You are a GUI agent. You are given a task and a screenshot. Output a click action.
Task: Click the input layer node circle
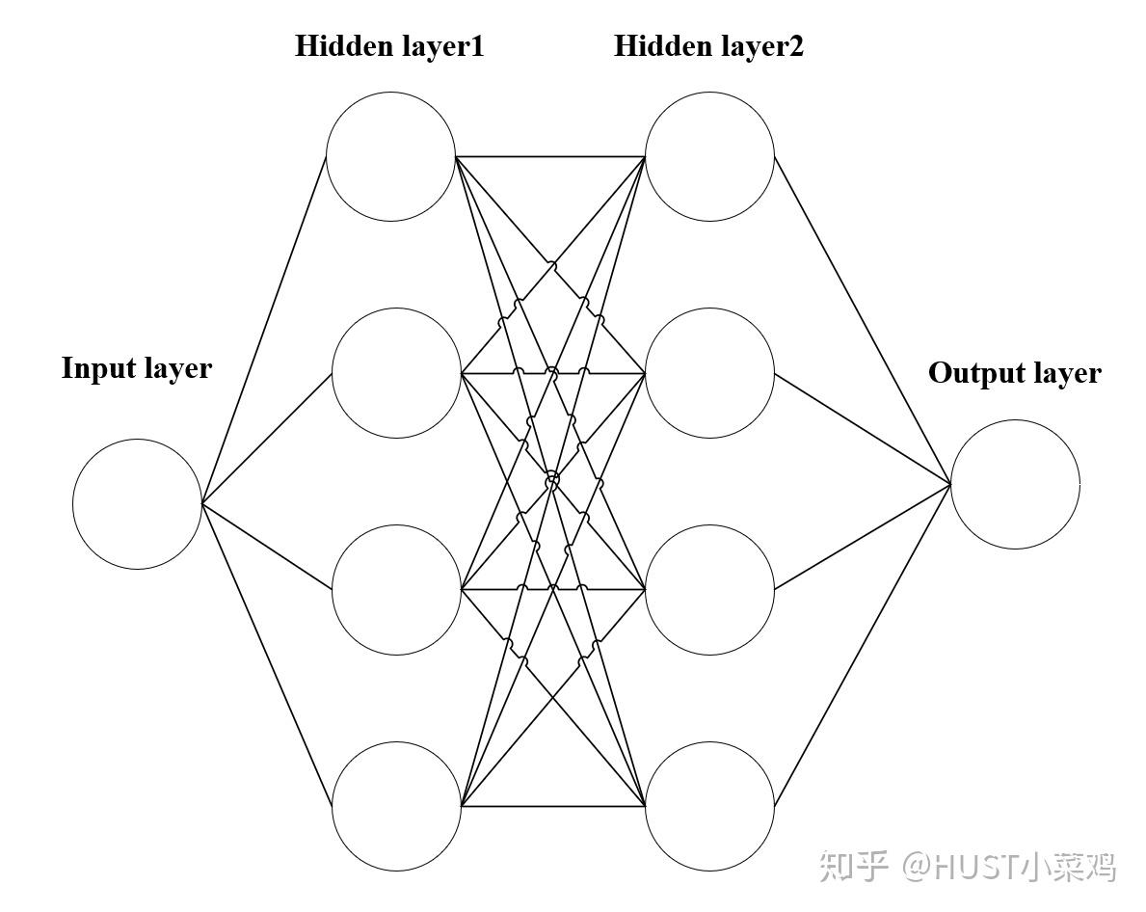137,503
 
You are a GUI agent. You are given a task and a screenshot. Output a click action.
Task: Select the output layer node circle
1015,484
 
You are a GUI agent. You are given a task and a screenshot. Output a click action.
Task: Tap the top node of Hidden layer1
390,156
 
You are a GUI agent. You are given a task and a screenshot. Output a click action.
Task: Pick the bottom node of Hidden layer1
396,806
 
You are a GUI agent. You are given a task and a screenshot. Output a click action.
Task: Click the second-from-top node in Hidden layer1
396,373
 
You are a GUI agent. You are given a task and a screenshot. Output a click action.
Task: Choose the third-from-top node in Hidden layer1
396,590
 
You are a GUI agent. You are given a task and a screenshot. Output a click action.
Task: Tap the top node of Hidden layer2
709,156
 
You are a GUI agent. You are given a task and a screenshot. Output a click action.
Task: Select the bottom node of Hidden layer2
709,806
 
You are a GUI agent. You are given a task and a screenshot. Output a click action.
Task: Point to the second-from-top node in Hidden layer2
709,373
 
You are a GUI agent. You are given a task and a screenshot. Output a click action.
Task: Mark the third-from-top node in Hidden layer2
709,590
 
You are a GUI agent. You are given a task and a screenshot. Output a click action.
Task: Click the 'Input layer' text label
137,368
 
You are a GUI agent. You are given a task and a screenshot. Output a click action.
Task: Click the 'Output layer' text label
1014,373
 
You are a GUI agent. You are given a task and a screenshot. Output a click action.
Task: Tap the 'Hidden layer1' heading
389,46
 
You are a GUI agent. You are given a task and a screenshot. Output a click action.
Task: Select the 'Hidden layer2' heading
708,46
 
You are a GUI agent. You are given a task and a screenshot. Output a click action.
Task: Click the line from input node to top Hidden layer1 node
264,330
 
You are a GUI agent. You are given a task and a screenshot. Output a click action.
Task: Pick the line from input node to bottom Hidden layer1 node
267,655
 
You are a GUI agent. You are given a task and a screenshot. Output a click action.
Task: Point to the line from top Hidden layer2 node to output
863,319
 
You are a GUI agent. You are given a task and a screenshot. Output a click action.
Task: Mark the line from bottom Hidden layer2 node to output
863,644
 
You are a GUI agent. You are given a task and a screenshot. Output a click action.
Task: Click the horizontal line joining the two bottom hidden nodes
553,806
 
